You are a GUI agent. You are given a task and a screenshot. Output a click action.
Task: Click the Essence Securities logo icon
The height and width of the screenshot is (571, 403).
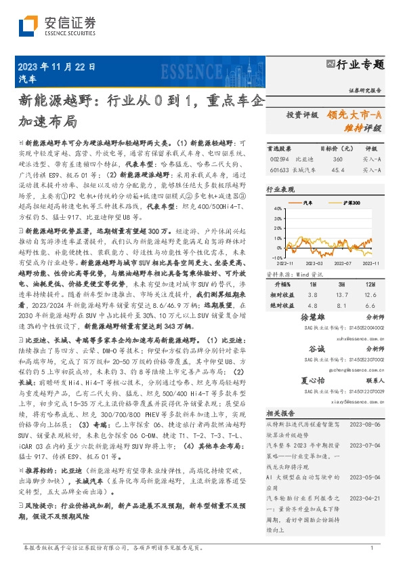28,24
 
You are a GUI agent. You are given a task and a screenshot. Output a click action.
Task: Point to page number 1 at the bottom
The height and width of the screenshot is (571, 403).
372,548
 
